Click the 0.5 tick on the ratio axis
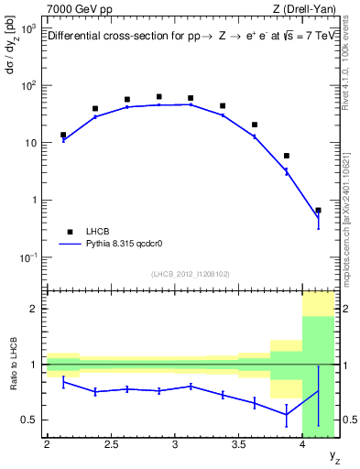32,420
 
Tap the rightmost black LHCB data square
318,211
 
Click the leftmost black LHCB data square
63,135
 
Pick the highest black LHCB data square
158,96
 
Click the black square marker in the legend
69,233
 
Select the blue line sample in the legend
69,245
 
